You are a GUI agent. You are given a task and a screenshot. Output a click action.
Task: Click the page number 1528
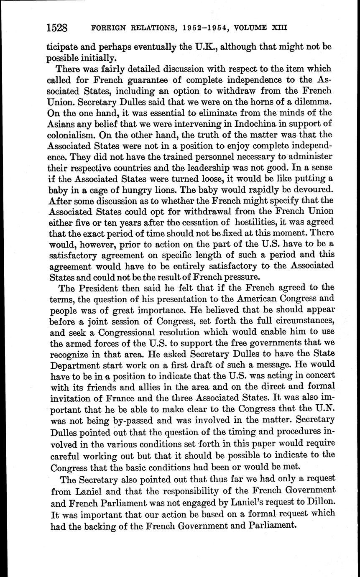(x=57, y=28)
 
